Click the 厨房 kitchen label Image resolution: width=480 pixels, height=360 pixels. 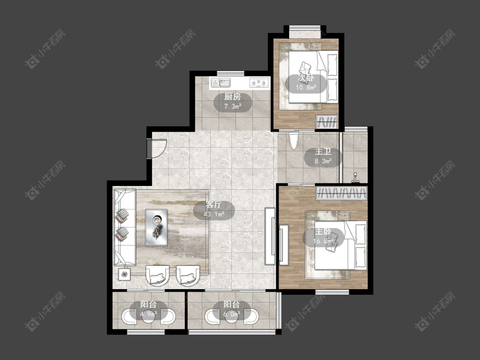point(233,97)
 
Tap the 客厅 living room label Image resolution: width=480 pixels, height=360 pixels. point(214,204)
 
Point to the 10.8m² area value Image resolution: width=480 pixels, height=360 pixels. point(306,88)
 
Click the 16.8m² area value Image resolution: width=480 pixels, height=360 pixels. point(323,241)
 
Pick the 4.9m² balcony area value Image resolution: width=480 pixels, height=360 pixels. point(148,314)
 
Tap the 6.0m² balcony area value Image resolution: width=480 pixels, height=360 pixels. point(231,314)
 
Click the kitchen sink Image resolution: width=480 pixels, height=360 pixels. point(221,83)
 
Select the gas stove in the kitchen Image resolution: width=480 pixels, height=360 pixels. point(259,83)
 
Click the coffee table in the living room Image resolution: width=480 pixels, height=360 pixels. point(157,227)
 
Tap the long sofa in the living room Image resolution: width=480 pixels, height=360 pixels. point(125,227)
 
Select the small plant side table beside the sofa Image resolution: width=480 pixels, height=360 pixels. point(124,274)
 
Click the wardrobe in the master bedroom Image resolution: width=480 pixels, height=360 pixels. point(342,193)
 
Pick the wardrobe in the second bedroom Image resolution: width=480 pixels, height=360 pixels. point(327,122)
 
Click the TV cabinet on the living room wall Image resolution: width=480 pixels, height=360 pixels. point(270,236)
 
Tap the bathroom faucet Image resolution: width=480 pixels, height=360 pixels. point(355,177)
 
